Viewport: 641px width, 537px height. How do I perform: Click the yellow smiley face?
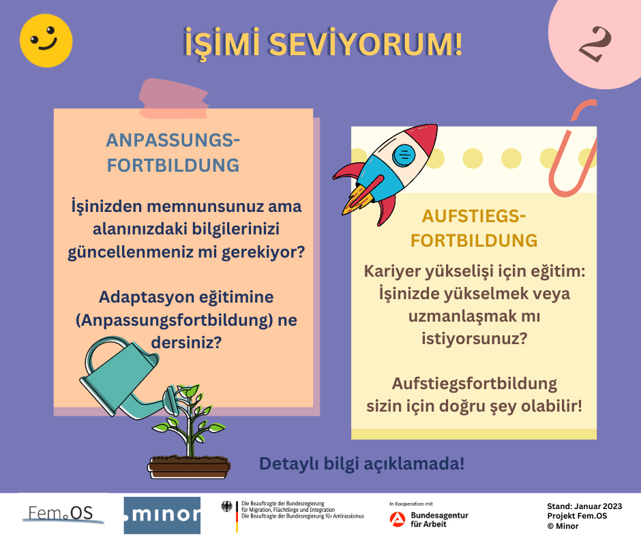46,40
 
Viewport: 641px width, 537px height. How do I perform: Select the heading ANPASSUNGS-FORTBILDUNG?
173,153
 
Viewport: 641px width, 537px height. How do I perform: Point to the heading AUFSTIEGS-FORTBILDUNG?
474,228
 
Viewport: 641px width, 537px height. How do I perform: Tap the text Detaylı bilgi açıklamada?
361,464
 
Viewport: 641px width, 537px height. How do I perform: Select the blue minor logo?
162,515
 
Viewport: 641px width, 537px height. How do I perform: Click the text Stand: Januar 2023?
584,506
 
